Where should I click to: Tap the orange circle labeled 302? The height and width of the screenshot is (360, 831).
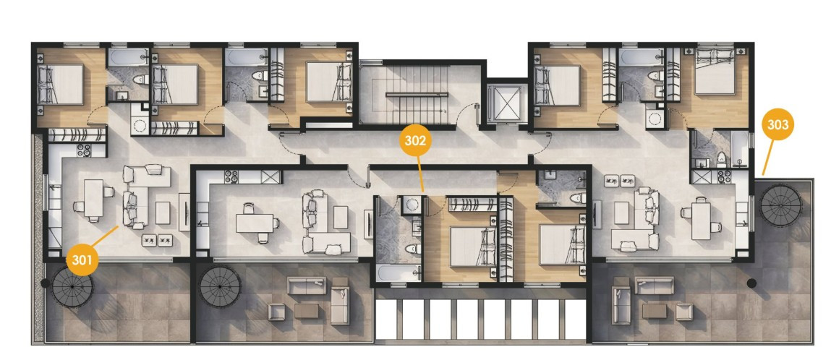click(x=414, y=140)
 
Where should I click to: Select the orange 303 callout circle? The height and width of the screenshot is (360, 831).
click(x=777, y=125)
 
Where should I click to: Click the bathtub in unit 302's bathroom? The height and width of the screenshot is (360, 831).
click(x=399, y=273)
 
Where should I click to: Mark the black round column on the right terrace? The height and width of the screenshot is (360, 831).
click(x=751, y=283)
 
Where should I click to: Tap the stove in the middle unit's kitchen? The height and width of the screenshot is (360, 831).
click(x=232, y=176)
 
